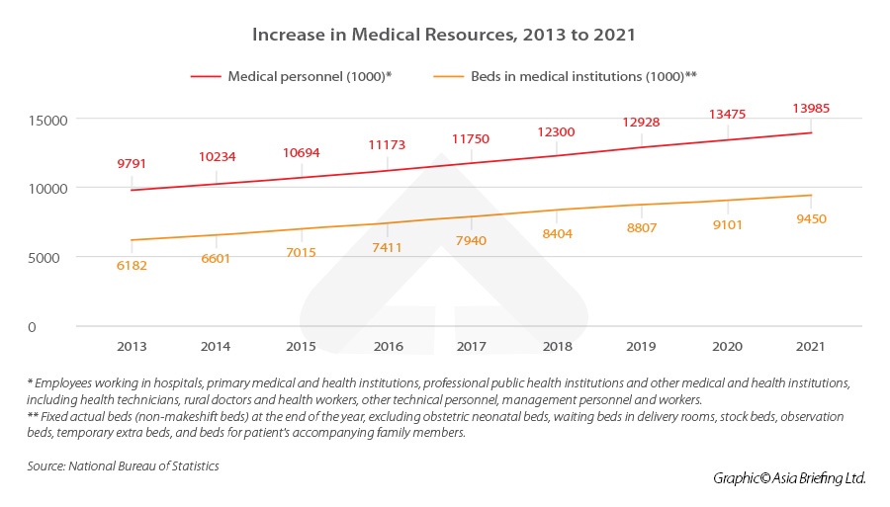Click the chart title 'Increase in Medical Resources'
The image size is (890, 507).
(444, 35)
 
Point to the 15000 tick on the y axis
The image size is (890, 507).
(45, 120)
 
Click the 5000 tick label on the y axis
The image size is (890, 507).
(49, 257)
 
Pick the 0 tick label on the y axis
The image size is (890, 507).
(60, 326)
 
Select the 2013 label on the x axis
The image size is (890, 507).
(132, 347)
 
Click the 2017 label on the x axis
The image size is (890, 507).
(471, 347)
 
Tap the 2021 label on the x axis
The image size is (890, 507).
(809, 347)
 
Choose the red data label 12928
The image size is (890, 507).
(641, 123)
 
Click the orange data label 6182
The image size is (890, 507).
(132, 265)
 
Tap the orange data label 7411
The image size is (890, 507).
(386, 247)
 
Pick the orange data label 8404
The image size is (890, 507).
(556, 234)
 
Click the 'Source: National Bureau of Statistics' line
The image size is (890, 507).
(123, 465)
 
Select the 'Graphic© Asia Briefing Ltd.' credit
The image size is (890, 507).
(789, 478)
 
